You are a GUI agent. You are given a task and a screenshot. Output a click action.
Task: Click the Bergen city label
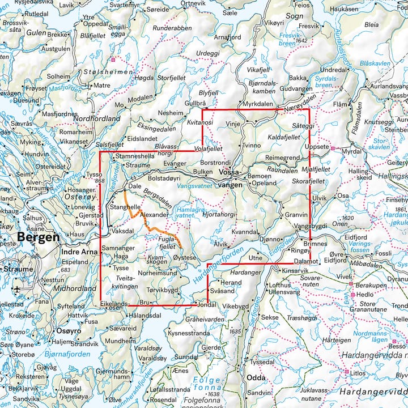(x=38, y=237)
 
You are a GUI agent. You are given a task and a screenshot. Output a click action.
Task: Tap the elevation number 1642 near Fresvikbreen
(x=301, y=41)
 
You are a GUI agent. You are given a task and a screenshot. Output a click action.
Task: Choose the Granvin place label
(x=296, y=215)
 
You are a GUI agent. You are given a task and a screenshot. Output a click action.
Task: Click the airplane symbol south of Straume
(x=17, y=289)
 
